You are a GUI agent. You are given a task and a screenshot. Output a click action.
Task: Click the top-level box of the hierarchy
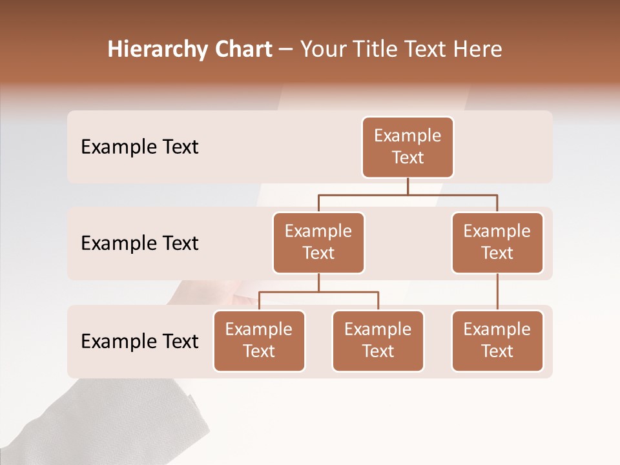408,147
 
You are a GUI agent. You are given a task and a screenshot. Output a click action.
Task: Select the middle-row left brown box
318,243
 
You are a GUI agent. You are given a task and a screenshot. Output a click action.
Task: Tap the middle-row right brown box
497,243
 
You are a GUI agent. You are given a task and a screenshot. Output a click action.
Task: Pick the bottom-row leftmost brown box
259,341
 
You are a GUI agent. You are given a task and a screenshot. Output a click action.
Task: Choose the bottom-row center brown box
378,341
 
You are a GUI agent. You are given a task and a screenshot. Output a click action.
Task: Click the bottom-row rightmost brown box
497,341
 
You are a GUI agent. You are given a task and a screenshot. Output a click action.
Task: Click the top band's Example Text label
139,147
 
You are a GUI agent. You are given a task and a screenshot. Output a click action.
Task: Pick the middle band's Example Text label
139,243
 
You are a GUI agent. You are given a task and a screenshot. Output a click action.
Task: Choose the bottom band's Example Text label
139,342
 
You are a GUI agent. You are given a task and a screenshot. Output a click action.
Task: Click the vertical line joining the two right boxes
497,292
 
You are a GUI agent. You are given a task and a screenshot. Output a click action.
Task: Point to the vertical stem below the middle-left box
318,282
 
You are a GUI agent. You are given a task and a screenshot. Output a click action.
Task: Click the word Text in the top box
408,158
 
